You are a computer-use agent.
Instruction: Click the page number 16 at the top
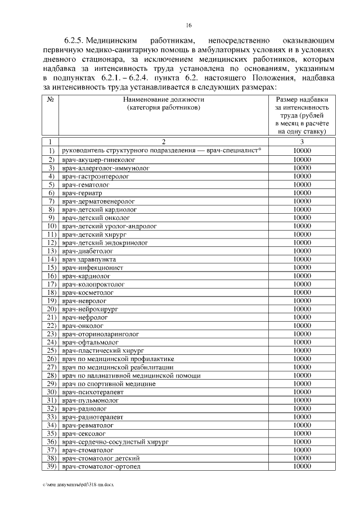pyautogui.click(x=189, y=25)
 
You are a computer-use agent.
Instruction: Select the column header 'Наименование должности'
pyautogui.click(x=163, y=99)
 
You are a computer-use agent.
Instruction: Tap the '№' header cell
pyautogui.click(x=51, y=99)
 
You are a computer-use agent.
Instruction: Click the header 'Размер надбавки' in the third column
pyautogui.click(x=302, y=99)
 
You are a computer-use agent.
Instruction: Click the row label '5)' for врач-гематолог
pyautogui.click(x=51, y=184)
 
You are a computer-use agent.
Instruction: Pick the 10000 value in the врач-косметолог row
pyautogui.click(x=302, y=292)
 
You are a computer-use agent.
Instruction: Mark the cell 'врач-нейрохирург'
pyautogui.click(x=91, y=309)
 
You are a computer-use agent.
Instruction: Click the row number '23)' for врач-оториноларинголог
pyautogui.click(x=51, y=334)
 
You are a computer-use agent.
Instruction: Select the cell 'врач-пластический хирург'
pyautogui.click(x=103, y=350)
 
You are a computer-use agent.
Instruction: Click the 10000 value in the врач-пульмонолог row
pyautogui.click(x=302, y=400)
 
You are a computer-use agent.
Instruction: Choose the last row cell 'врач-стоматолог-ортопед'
pyautogui.click(x=101, y=467)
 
